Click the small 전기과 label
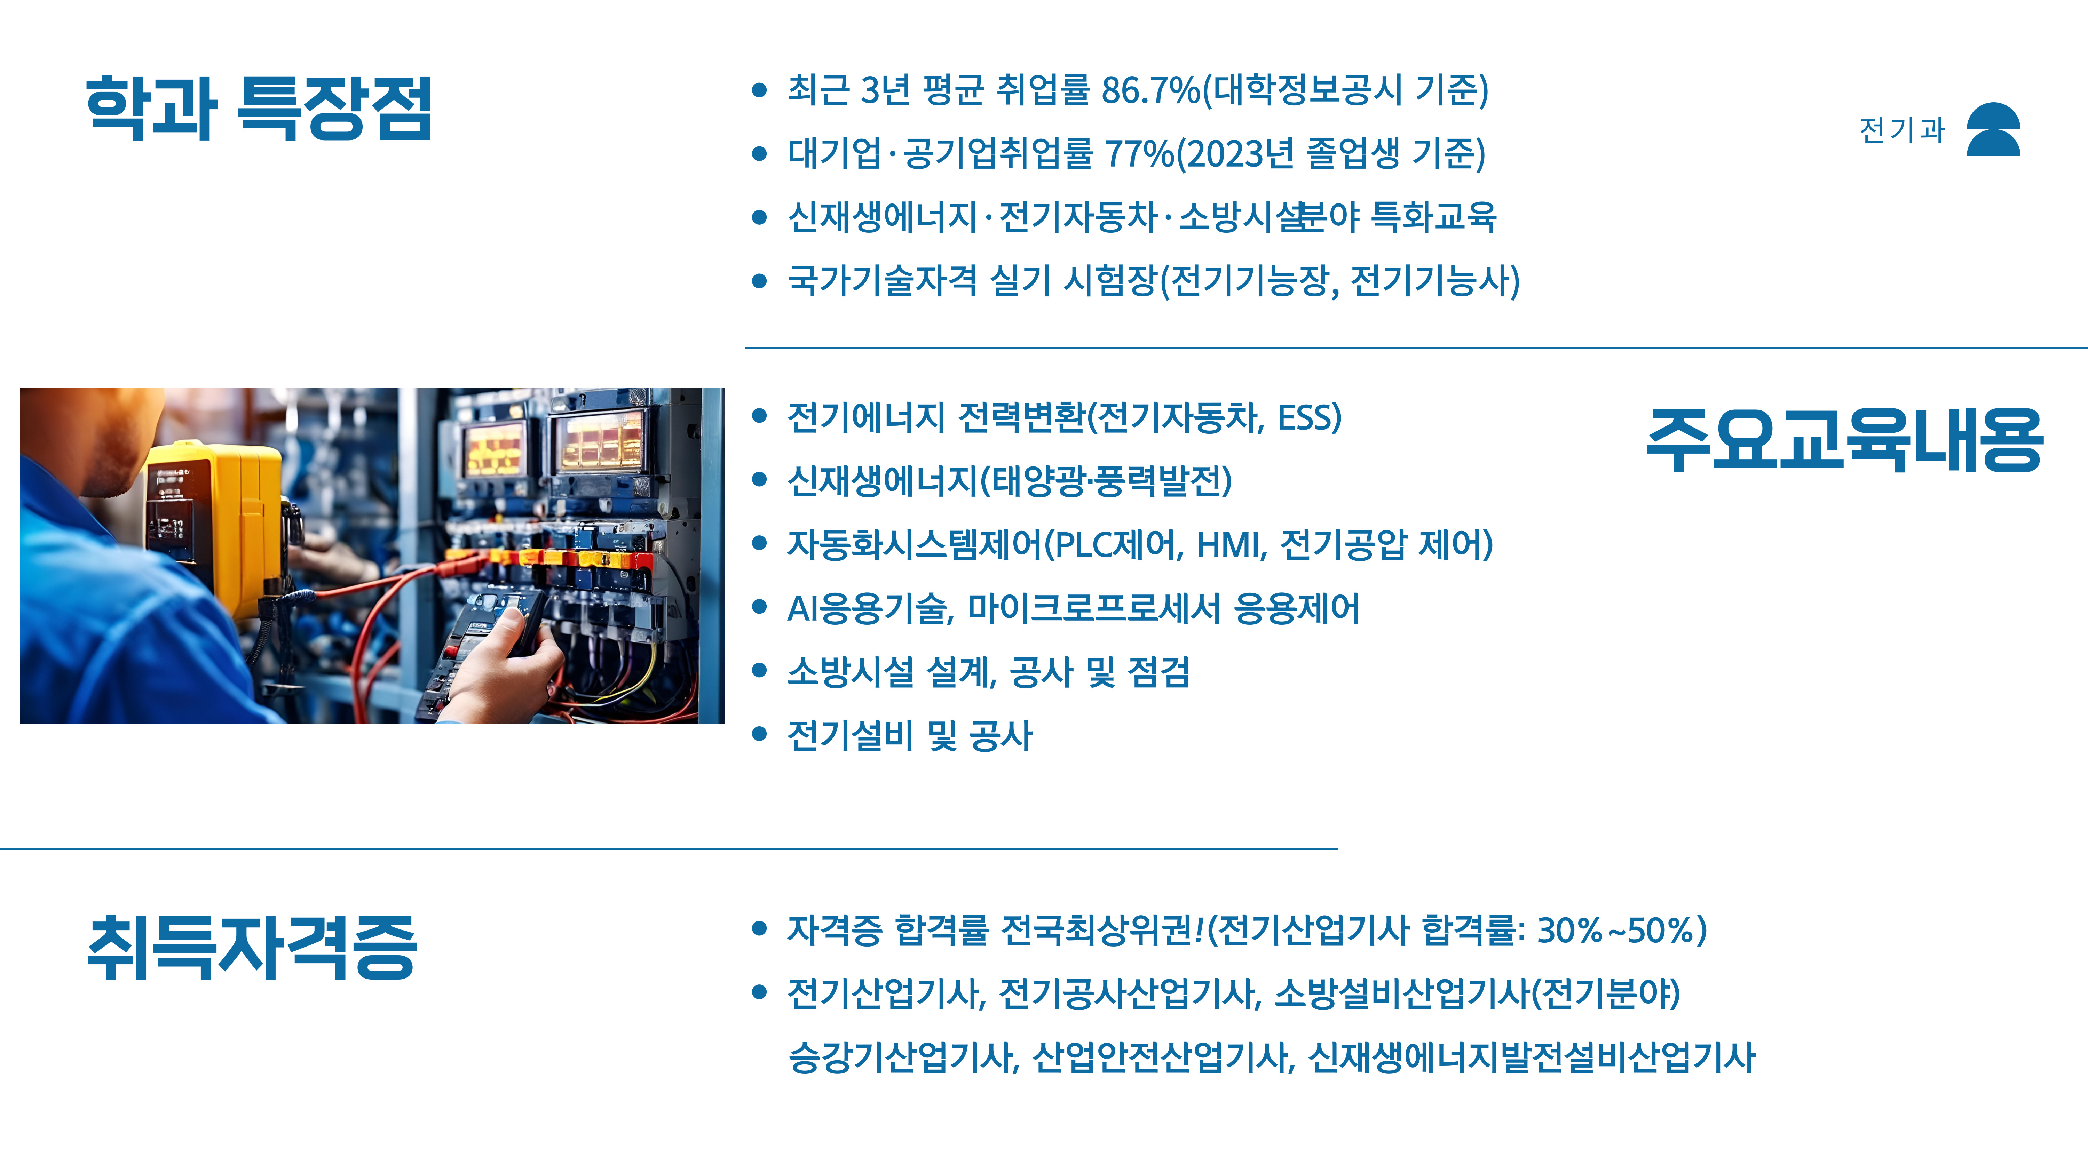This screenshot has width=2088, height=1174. pyautogui.click(x=1901, y=130)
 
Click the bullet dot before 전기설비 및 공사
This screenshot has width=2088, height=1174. pyautogui.click(x=759, y=734)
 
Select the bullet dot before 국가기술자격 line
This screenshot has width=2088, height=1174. pyautogui.click(x=759, y=281)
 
